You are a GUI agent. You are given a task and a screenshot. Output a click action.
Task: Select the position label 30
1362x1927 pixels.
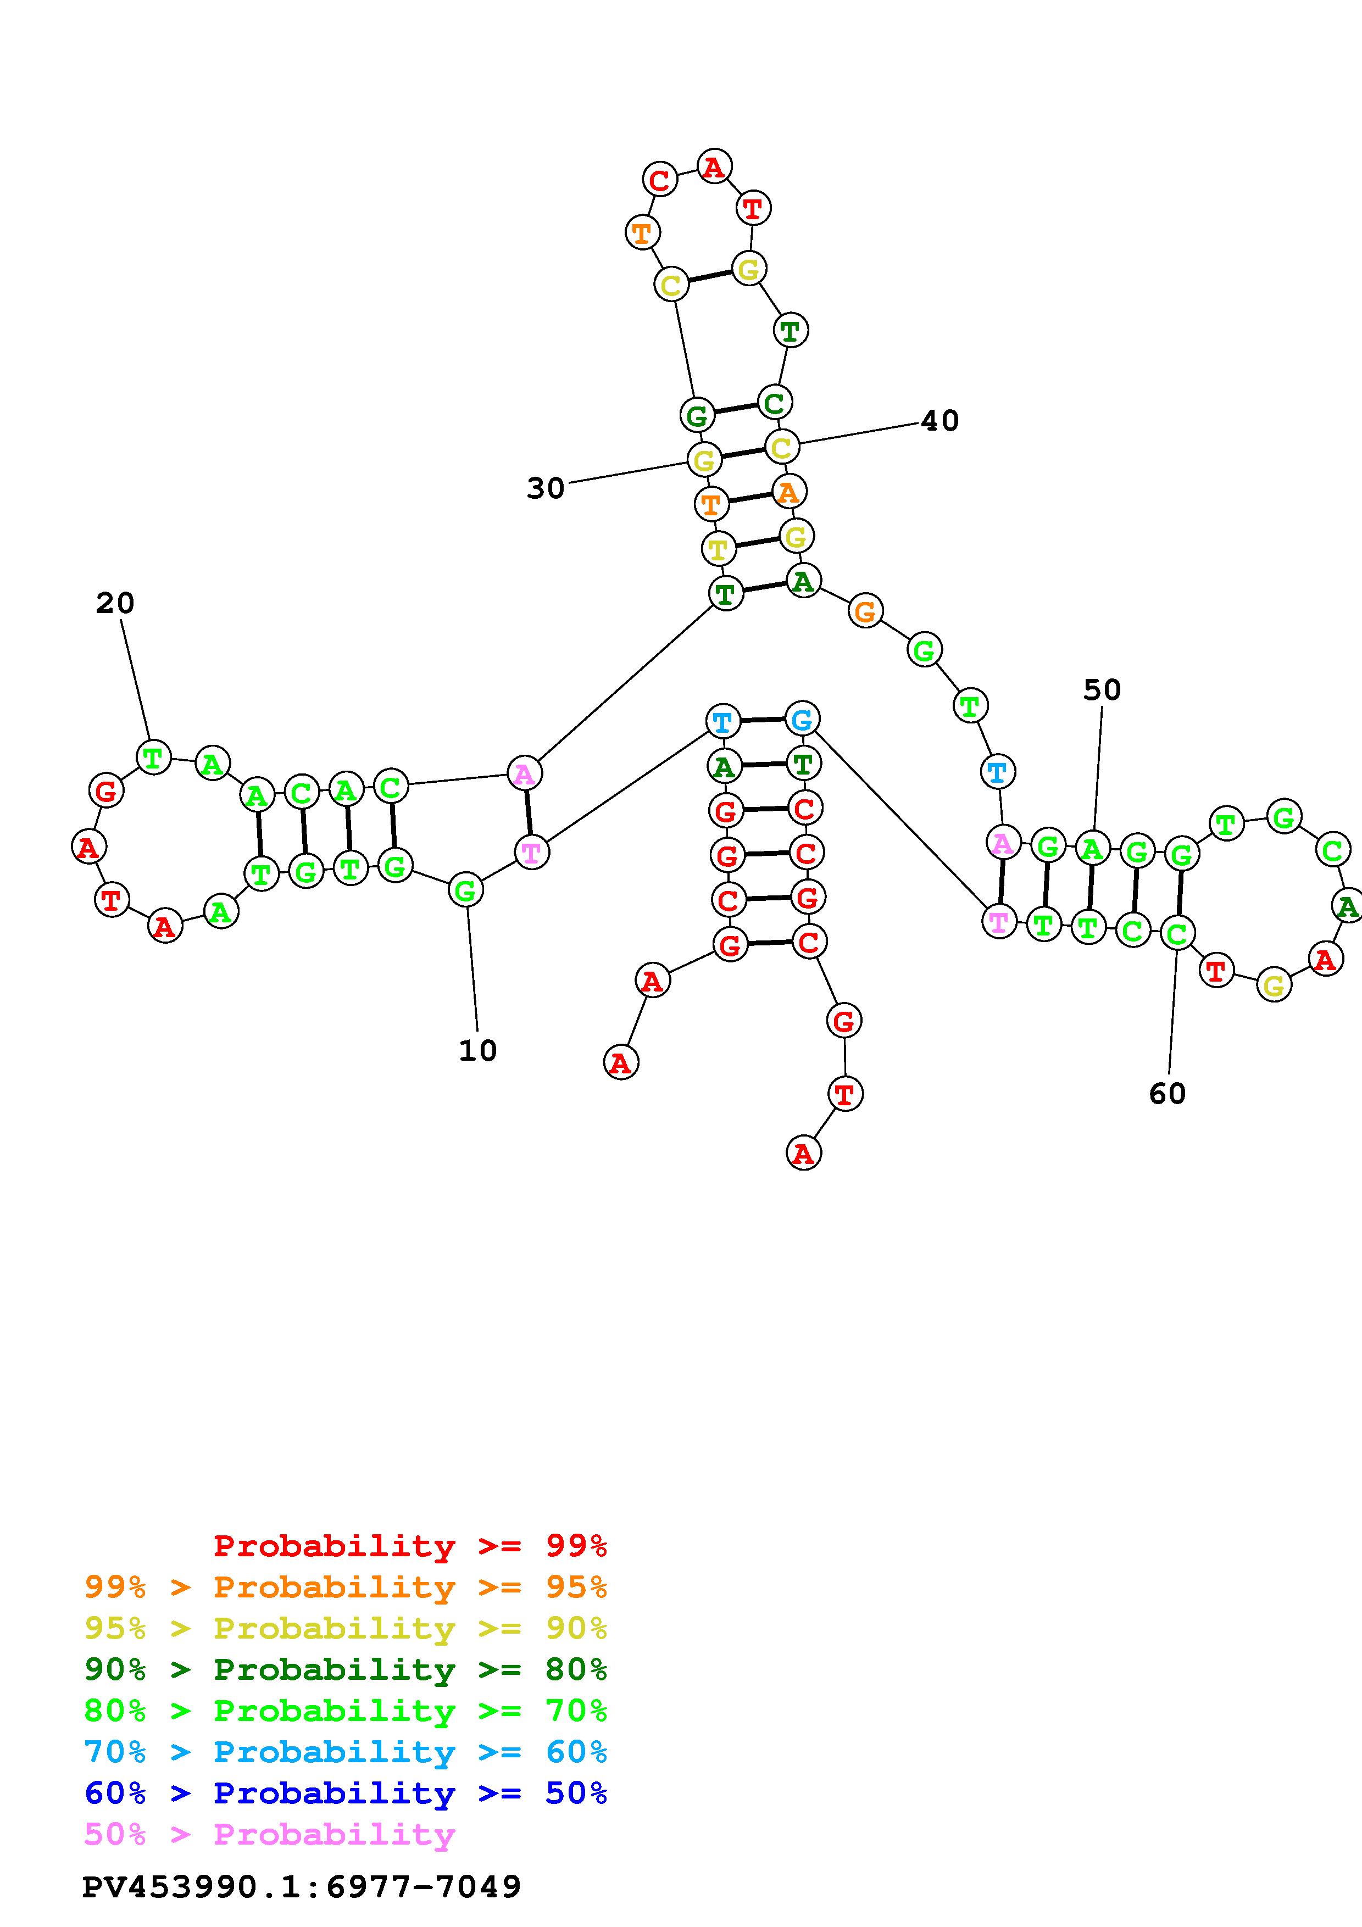[x=546, y=488]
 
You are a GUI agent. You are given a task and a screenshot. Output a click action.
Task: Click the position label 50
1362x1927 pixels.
[x=1102, y=690]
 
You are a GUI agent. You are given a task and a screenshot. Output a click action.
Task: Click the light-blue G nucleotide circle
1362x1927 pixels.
[x=802, y=719]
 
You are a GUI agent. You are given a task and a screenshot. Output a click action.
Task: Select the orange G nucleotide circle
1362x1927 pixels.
[x=865, y=610]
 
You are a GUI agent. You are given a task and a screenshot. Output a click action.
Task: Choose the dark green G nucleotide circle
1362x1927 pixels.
[x=697, y=415]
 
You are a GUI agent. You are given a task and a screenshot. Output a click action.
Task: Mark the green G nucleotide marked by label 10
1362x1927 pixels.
[x=466, y=890]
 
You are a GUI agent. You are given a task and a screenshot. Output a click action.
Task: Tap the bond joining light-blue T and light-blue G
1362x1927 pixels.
[x=762, y=720]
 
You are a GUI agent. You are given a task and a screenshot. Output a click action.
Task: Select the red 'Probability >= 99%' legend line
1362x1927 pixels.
[x=410, y=1546]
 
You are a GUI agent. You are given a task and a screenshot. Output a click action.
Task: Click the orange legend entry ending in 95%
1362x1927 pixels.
[x=346, y=1587]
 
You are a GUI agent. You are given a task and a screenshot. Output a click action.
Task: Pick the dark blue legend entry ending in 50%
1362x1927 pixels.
[x=346, y=1793]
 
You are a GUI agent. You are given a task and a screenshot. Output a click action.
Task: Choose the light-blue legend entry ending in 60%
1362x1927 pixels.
[x=346, y=1752]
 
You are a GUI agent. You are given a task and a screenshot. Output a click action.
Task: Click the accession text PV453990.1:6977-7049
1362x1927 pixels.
[x=301, y=1887]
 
